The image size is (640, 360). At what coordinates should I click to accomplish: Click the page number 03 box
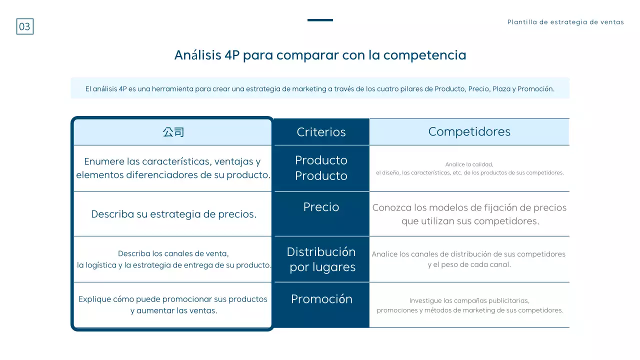(x=24, y=26)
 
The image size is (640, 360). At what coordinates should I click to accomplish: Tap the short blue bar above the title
(x=320, y=20)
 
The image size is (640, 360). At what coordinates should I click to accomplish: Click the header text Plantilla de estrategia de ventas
(x=565, y=22)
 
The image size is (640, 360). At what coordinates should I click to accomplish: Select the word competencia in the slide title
(x=424, y=55)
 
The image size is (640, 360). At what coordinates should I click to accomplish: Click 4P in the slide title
(x=229, y=55)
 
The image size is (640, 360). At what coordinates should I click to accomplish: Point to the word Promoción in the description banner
(x=535, y=89)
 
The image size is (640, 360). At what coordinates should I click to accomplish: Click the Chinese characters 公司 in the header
(x=173, y=132)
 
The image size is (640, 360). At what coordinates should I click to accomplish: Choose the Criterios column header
(x=321, y=132)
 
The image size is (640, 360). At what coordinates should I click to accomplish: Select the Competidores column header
(x=469, y=131)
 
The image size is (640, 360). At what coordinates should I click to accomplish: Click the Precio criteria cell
(x=321, y=207)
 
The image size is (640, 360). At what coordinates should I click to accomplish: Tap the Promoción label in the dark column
(x=321, y=299)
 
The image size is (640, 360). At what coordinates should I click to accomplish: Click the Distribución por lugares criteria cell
(x=321, y=259)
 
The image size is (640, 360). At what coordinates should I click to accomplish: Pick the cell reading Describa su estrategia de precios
(x=173, y=214)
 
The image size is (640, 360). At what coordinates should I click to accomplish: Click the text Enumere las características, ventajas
(x=172, y=161)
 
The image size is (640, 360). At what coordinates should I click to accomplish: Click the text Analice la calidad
(x=469, y=164)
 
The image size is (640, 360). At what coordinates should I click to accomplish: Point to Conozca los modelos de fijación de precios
(x=469, y=207)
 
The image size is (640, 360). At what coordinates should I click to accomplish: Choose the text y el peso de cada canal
(x=469, y=264)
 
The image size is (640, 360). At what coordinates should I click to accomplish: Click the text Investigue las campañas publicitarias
(x=469, y=301)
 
